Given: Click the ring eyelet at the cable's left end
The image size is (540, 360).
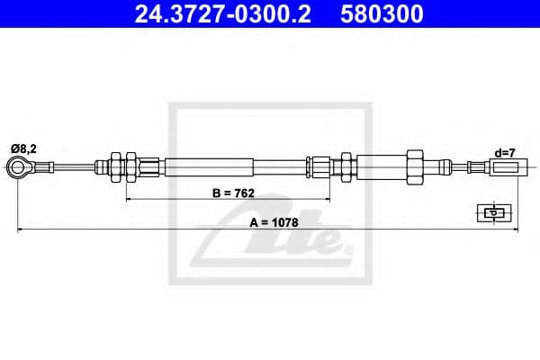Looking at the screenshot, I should [19, 166].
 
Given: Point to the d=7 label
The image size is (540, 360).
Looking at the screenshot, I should [505, 152].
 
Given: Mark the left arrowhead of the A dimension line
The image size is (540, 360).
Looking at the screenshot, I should [21, 231].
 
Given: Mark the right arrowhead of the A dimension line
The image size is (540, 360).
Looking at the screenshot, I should [517, 231].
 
